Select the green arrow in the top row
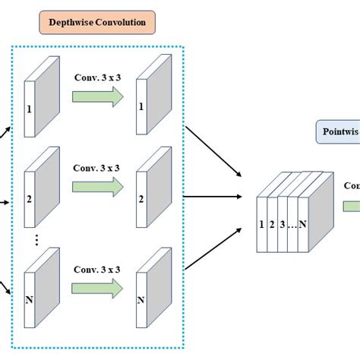tap(97, 96)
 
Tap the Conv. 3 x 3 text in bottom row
tap(97, 269)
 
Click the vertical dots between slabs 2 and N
tap(35, 241)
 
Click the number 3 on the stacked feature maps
tap(283, 203)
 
